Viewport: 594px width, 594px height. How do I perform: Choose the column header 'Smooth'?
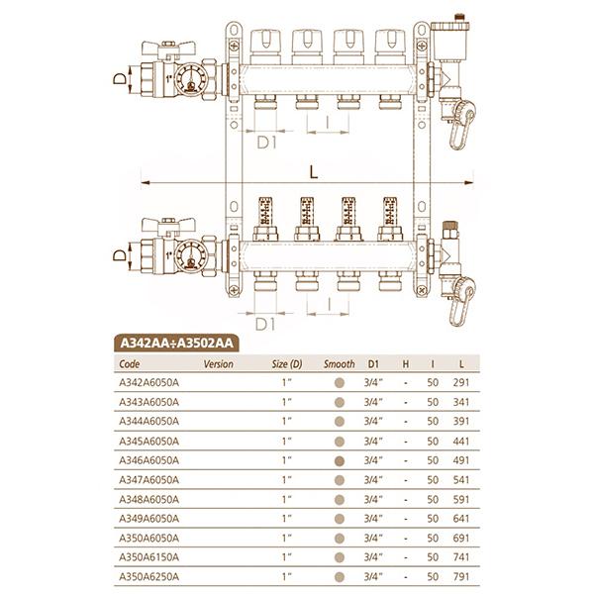tap(339, 363)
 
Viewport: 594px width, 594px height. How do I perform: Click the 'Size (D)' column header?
tap(286, 363)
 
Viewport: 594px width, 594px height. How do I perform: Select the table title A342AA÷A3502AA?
tap(176, 344)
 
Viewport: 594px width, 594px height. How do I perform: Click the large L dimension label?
tap(314, 171)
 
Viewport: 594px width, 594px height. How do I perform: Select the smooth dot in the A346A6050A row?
tap(340, 459)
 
